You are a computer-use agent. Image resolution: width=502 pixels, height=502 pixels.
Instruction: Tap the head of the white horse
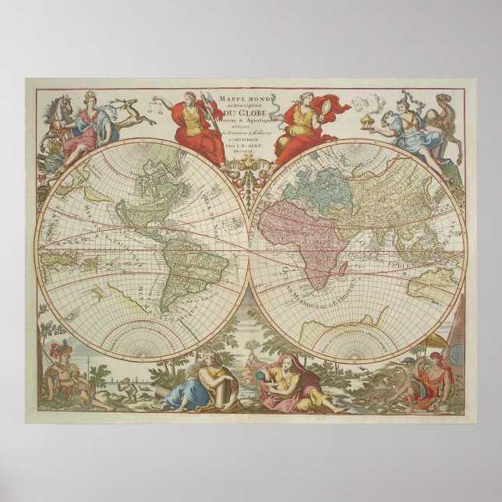(59, 104)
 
